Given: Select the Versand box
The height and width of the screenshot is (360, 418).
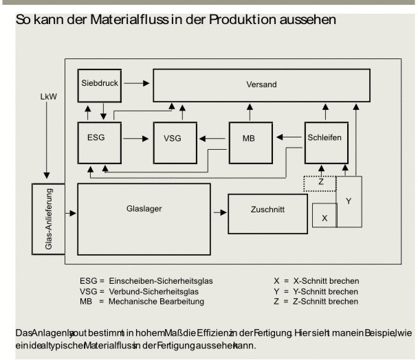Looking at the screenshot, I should (261, 85).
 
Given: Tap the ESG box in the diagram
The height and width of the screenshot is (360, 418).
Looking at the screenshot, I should (100, 138).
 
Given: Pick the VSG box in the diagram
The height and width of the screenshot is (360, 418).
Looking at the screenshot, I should (175, 138).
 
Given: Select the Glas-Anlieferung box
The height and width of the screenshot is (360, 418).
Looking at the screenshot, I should (47, 223).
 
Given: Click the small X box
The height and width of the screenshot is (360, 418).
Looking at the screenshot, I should (324, 215).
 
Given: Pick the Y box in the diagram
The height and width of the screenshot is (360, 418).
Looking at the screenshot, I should (348, 201).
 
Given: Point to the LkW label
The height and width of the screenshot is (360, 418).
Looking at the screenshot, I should (49, 97).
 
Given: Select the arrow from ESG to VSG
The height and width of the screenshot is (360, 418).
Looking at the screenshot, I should (137, 139).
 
